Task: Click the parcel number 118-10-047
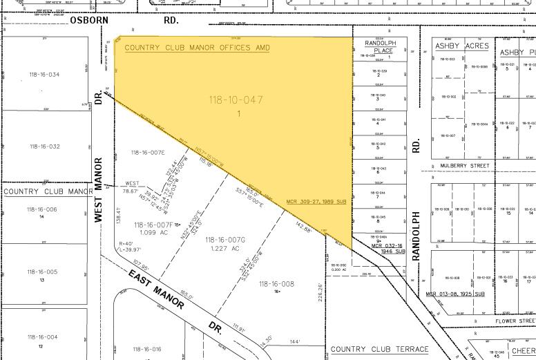(x=236, y=100)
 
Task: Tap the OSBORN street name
(x=89, y=21)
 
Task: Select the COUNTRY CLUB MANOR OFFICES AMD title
(x=197, y=48)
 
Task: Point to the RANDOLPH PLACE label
(x=379, y=46)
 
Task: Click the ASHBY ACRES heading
(x=461, y=46)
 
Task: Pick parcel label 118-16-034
(x=44, y=75)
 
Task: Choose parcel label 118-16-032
(x=44, y=146)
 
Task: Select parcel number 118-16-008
(x=276, y=283)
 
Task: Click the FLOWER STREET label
(x=515, y=321)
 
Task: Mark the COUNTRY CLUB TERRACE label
(x=379, y=350)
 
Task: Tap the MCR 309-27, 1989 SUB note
(x=316, y=202)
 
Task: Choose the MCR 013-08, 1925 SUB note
(x=455, y=294)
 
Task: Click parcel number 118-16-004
(x=43, y=337)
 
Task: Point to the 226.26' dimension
(x=320, y=292)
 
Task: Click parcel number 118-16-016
(x=146, y=349)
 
